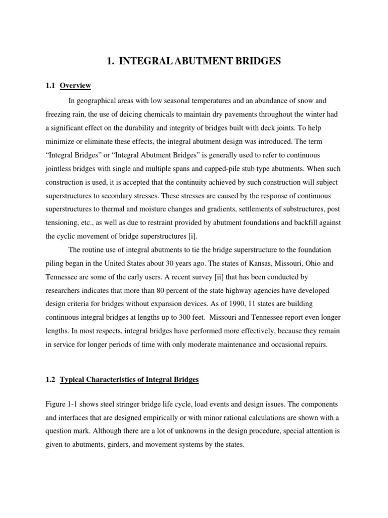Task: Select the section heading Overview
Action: coord(75,86)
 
